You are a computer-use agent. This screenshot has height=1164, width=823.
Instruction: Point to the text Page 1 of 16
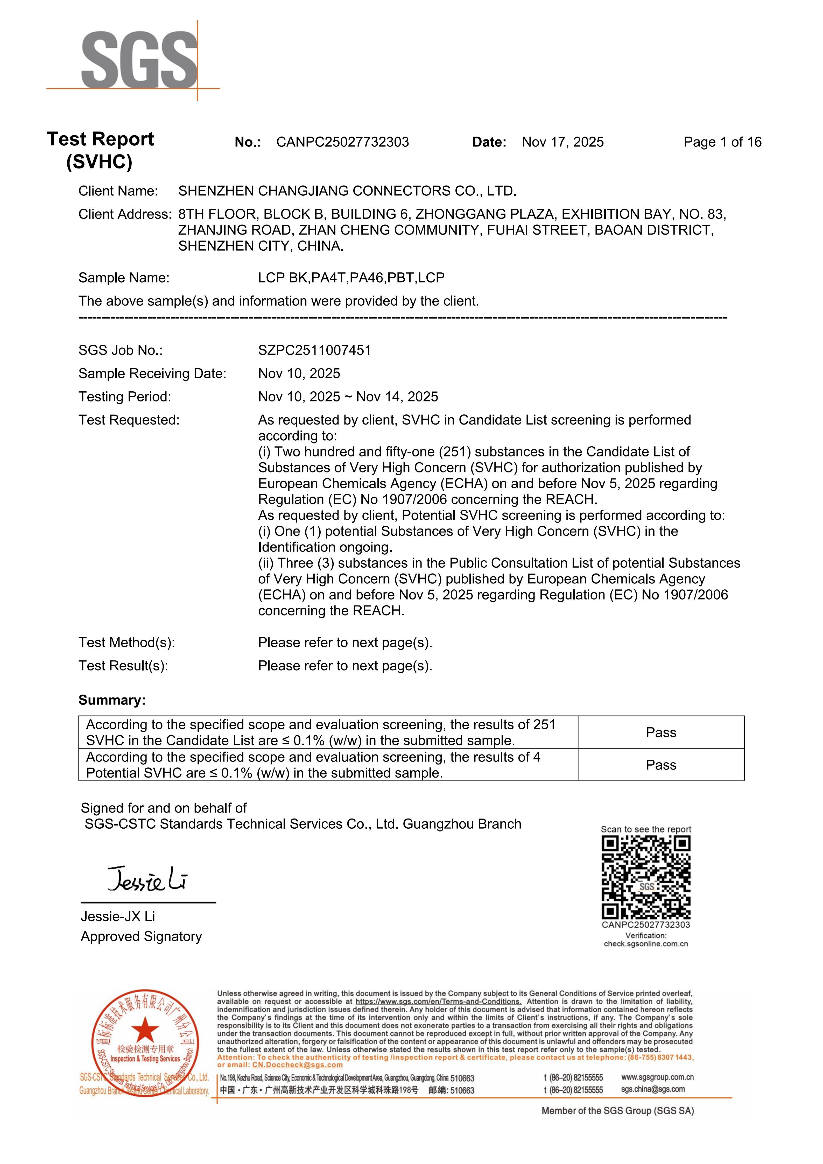[722, 142]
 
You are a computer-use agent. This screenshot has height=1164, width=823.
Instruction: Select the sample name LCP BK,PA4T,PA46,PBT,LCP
[351, 278]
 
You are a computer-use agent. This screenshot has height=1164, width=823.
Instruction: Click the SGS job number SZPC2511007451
[314, 350]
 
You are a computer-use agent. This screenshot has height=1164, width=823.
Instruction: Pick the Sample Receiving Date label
[152, 374]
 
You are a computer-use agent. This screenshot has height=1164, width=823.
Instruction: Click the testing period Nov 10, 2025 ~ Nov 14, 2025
[348, 397]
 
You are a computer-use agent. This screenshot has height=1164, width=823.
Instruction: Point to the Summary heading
[111, 700]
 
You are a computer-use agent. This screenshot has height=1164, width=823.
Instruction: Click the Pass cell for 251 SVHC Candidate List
[661, 732]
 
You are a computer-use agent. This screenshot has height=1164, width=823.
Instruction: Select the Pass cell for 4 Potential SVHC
[661, 765]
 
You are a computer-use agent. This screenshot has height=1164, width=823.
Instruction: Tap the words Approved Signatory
[141, 936]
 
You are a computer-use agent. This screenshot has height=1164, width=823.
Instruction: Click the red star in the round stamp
[145, 1030]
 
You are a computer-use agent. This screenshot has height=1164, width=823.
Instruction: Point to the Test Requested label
[129, 420]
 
